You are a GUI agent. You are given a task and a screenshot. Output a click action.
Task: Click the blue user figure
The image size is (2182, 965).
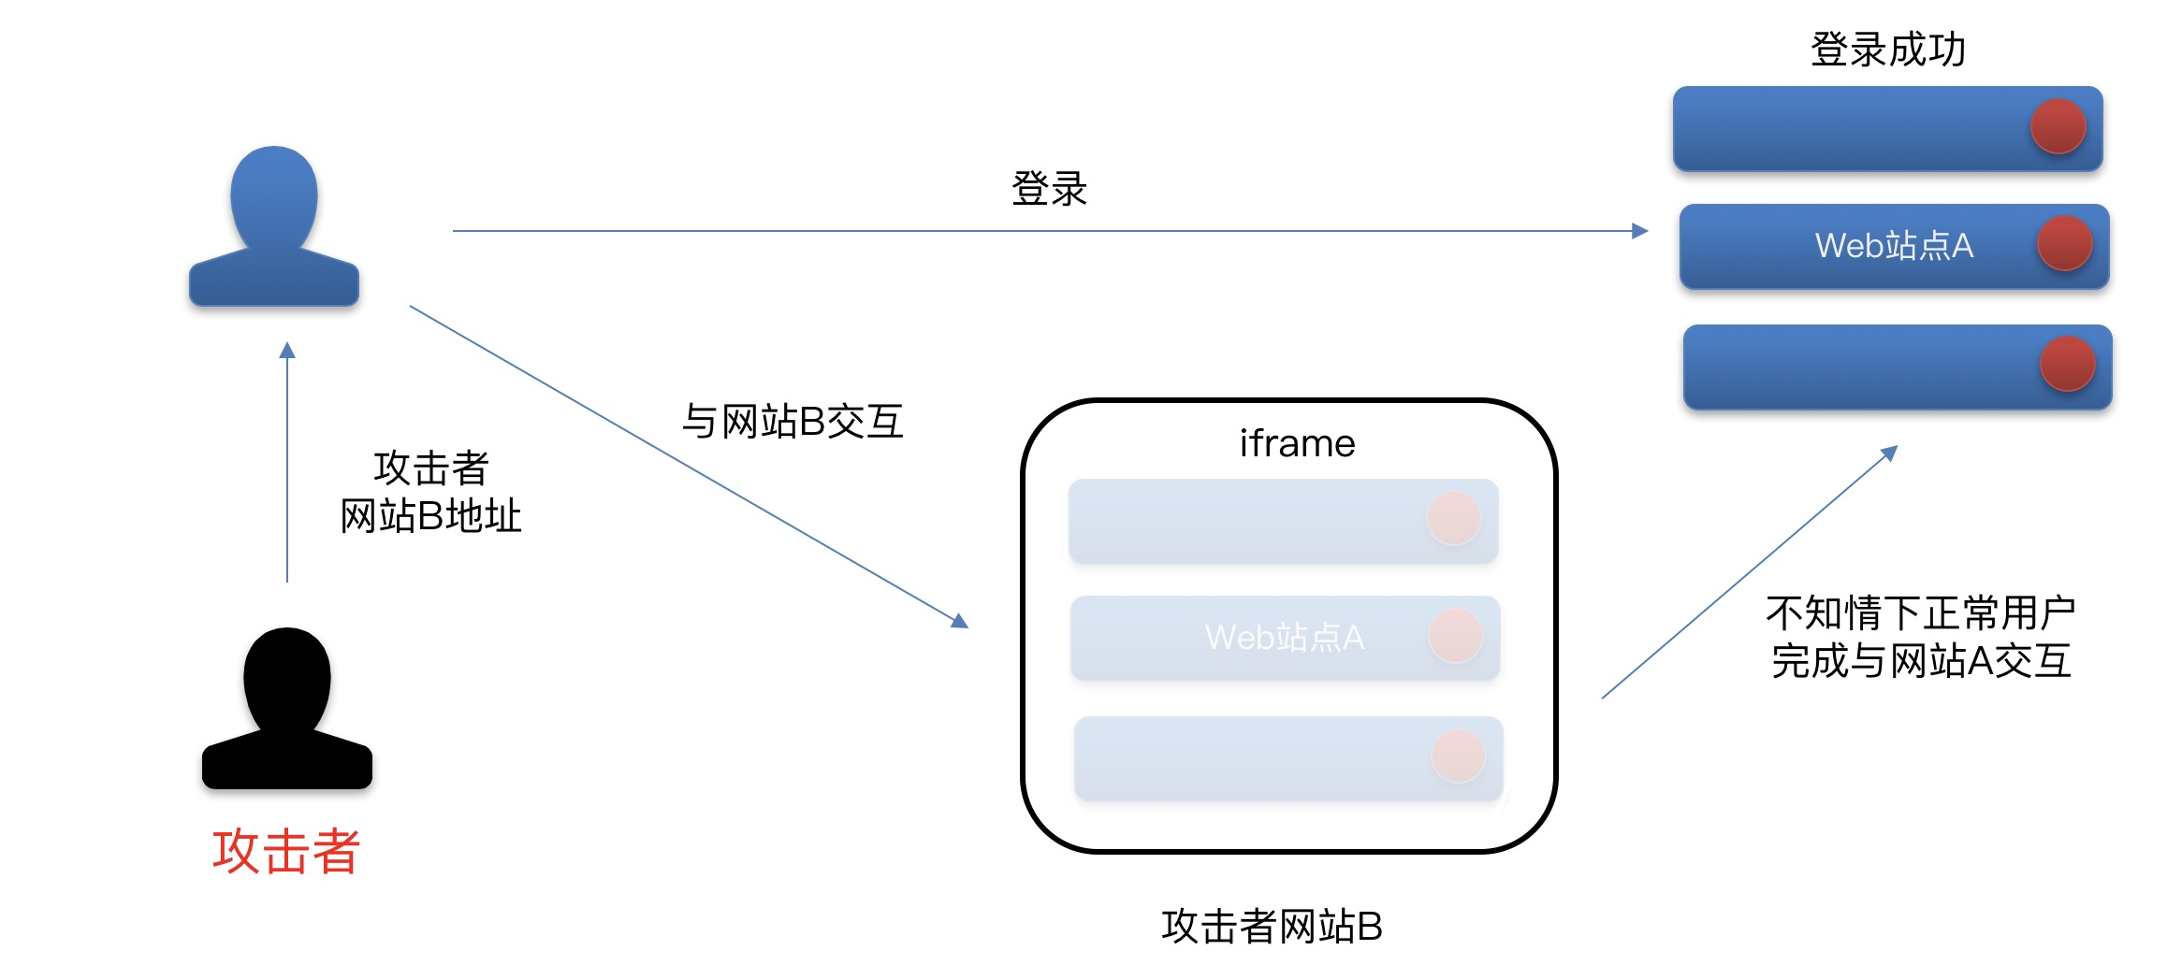coord(273,229)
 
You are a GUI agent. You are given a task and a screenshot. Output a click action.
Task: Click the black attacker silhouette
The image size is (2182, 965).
coord(286,711)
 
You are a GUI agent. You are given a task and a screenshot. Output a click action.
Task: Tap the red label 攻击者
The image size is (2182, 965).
coord(286,851)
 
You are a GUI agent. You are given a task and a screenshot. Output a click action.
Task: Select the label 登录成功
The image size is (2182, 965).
coord(1888,50)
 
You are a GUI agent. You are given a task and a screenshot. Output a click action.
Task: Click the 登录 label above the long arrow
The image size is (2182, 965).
coord(1049,189)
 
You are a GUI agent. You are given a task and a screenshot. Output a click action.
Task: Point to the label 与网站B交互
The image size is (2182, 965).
coord(793,422)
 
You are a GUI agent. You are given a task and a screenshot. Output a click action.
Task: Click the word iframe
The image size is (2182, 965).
coord(1297,443)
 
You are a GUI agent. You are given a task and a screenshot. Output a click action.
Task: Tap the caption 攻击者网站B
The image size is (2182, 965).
coord(1272,927)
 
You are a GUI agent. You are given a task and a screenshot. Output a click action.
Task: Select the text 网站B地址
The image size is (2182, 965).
coord(430,516)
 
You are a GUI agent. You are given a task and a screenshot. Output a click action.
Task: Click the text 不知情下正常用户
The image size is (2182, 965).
coord(1920,613)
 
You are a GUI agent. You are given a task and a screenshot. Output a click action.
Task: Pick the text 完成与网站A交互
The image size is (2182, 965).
coord(1920,661)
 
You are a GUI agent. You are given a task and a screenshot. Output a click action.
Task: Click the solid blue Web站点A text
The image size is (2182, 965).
coord(1894,246)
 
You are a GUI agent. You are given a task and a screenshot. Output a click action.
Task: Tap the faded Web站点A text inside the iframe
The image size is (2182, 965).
coord(1285,638)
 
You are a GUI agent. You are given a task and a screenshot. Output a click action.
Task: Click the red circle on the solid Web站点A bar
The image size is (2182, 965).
coord(2065,243)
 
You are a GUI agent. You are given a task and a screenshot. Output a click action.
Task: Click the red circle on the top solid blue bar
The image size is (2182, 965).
coord(2058,126)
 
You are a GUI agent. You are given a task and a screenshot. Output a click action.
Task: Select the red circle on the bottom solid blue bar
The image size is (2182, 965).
coord(2068,364)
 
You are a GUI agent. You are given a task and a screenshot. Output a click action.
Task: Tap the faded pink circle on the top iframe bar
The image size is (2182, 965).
coord(1454,518)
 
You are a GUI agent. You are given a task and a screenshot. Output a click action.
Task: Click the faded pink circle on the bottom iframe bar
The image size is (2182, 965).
coord(1459,756)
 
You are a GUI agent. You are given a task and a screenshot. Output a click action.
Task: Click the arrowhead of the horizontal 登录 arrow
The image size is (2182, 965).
coord(1639,231)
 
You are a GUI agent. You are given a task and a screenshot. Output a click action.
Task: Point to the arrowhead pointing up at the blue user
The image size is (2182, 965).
coord(287,351)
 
